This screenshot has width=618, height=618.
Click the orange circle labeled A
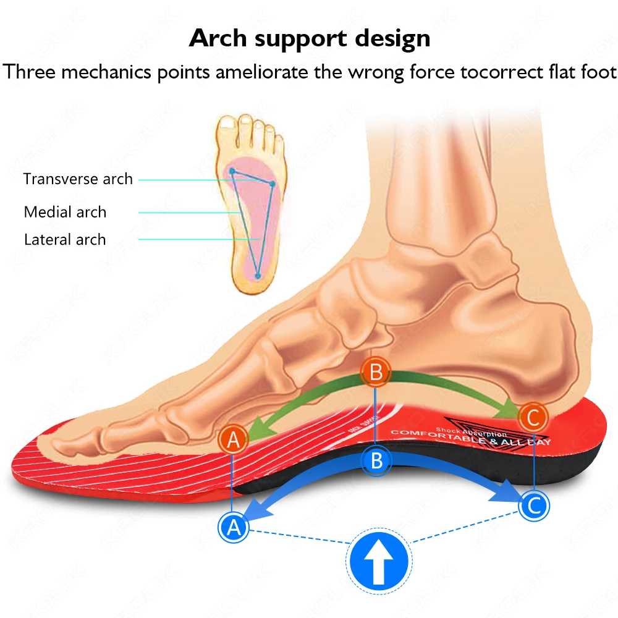[233, 439]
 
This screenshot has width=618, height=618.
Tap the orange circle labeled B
[376, 372]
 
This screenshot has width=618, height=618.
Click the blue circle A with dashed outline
[233, 527]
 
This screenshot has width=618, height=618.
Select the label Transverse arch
[78, 179]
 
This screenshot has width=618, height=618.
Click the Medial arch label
[65, 212]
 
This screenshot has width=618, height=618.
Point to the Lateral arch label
[65, 240]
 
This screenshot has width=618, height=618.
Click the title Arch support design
[309, 38]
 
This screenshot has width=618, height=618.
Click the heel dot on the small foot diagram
[257, 275]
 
